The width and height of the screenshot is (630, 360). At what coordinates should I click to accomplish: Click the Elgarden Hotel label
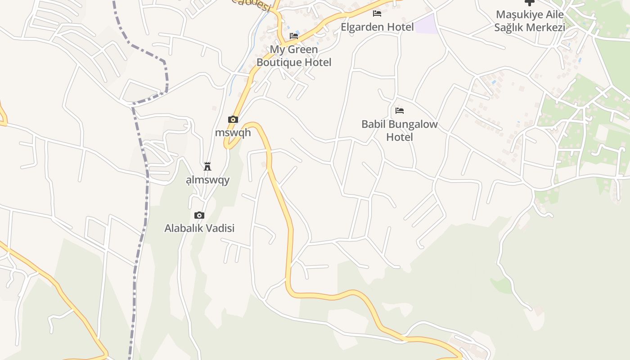377,27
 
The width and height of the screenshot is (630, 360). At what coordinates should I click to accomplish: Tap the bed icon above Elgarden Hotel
377,13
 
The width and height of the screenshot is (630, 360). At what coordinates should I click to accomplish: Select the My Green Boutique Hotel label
294,56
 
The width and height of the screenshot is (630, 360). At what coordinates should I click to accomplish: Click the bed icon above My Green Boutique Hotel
294,36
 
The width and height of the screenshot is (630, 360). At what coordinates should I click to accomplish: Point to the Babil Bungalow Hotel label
400,130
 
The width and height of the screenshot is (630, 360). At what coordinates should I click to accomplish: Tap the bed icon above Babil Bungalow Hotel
400,110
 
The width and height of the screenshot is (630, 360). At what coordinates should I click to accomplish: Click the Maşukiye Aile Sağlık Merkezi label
530,21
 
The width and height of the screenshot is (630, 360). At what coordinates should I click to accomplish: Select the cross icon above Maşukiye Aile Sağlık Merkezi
530,3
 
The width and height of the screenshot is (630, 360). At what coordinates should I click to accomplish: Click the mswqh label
233,133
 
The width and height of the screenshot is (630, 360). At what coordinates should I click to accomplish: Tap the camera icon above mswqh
233,119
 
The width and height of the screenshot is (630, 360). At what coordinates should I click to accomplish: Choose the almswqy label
208,180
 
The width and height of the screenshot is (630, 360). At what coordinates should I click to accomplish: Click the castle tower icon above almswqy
207,166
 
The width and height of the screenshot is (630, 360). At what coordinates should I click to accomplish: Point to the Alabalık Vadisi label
199,228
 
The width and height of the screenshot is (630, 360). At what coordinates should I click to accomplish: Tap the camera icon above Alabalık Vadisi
199,215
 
